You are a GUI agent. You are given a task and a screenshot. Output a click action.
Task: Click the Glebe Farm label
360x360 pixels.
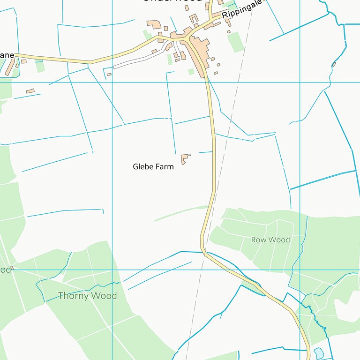153,166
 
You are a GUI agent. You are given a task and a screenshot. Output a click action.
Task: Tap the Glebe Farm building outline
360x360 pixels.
185,158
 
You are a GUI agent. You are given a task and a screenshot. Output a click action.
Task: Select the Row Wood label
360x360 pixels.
270,240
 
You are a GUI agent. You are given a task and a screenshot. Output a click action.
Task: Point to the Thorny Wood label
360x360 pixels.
87,296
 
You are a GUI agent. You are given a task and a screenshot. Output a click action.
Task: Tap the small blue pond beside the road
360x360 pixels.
318,352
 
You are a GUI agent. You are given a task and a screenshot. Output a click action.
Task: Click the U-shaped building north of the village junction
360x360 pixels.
194,19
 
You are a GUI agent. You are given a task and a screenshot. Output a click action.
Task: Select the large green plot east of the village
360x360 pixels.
236,41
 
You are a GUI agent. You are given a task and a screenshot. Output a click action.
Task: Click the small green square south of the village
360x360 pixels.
191,72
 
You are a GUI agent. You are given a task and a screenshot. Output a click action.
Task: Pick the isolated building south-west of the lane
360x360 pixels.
30,91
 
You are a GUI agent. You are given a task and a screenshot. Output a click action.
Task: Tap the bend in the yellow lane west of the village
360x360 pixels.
90,62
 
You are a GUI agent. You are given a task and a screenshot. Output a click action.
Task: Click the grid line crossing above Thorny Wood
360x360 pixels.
112,270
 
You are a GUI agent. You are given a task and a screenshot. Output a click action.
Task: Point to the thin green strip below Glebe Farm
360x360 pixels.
180,213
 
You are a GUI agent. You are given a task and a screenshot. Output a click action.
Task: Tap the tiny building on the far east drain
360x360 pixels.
334,64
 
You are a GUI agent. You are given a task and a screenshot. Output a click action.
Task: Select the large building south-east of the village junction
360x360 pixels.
202,52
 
